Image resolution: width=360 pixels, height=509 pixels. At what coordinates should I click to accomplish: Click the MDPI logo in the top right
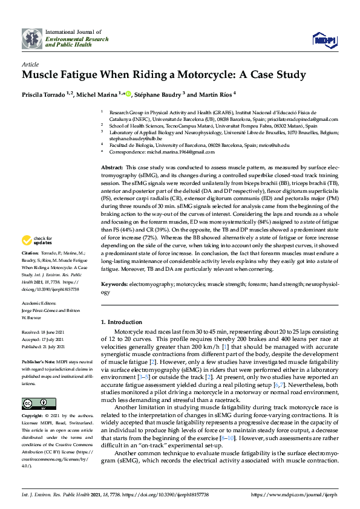324,39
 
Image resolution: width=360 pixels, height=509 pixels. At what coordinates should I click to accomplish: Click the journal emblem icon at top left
31,38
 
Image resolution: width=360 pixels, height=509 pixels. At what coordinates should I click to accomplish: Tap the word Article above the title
30,63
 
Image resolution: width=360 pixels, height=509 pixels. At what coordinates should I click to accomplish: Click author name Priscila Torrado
46,95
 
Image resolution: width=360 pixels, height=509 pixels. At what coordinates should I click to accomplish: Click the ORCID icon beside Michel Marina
128,94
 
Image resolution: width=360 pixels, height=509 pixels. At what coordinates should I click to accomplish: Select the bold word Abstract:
111,166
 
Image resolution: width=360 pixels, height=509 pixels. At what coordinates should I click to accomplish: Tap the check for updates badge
36,257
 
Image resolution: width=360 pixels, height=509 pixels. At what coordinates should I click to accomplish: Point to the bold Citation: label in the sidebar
30,269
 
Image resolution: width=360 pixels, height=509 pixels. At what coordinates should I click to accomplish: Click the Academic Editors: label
40,304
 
